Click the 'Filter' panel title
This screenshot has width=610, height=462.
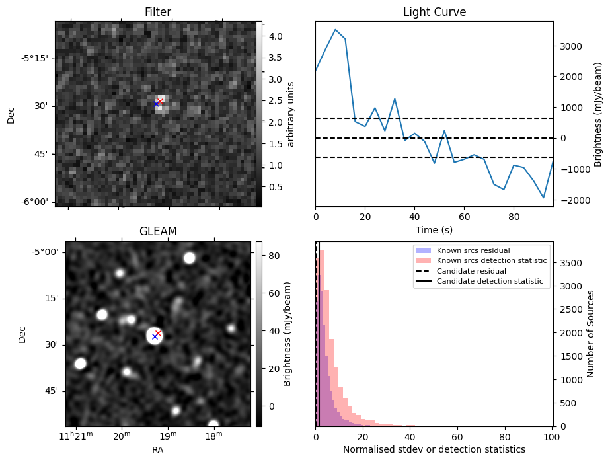[157, 13]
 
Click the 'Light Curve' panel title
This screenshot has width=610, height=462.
[434, 13]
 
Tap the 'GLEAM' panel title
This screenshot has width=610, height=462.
[157, 231]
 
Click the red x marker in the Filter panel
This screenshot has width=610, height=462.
[160, 101]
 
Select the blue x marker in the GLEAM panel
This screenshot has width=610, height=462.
[155, 336]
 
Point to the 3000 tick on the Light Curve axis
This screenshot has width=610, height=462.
[569, 46]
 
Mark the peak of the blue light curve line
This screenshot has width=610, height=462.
[336, 30]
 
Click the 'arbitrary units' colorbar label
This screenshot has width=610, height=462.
[291, 114]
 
